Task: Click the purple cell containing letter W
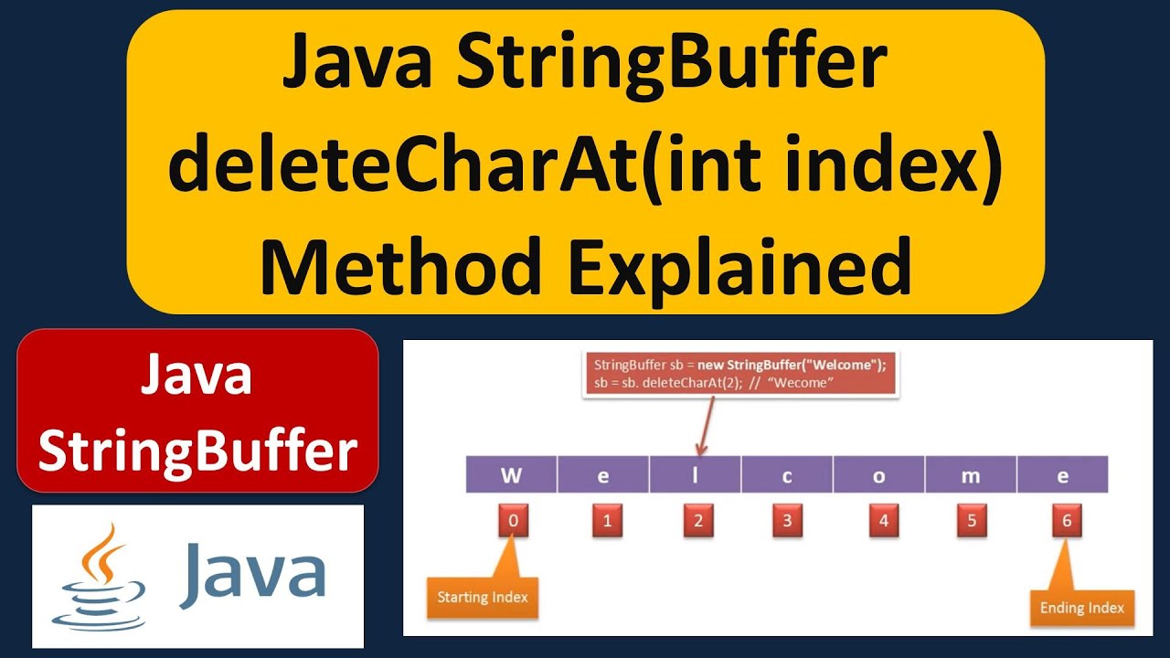[x=511, y=476]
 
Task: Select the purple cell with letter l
[x=696, y=476]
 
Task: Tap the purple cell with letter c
[x=787, y=476]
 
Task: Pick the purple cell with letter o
[x=879, y=476]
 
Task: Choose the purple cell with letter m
[x=971, y=476]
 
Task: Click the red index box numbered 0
[x=514, y=522]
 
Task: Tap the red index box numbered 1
[x=605, y=522]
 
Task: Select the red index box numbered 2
[x=697, y=522]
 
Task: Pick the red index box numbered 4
[x=882, y=522]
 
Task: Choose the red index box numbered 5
[x=973, y=522]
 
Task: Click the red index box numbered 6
[x=1066, y=522]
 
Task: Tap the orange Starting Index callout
[x=482, y=598]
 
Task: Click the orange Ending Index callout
[x=1081, y=608]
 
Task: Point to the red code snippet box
[x=740, y=373]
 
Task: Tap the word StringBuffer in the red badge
[x=197, y=451]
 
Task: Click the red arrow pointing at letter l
[x=705, y=425]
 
